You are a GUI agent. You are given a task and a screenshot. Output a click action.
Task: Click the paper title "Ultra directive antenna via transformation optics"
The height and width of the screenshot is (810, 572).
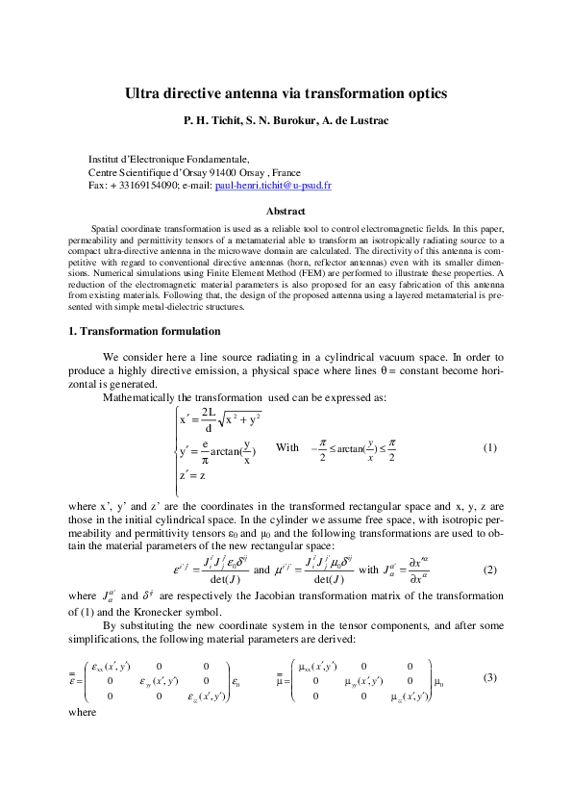coord(286,94)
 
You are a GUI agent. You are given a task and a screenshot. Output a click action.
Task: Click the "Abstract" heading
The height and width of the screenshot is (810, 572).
coord(286,211)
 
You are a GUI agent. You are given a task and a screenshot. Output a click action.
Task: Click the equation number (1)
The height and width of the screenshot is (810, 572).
coord(489,448)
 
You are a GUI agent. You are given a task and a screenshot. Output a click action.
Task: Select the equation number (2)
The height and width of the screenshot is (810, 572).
coord(489,570)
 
